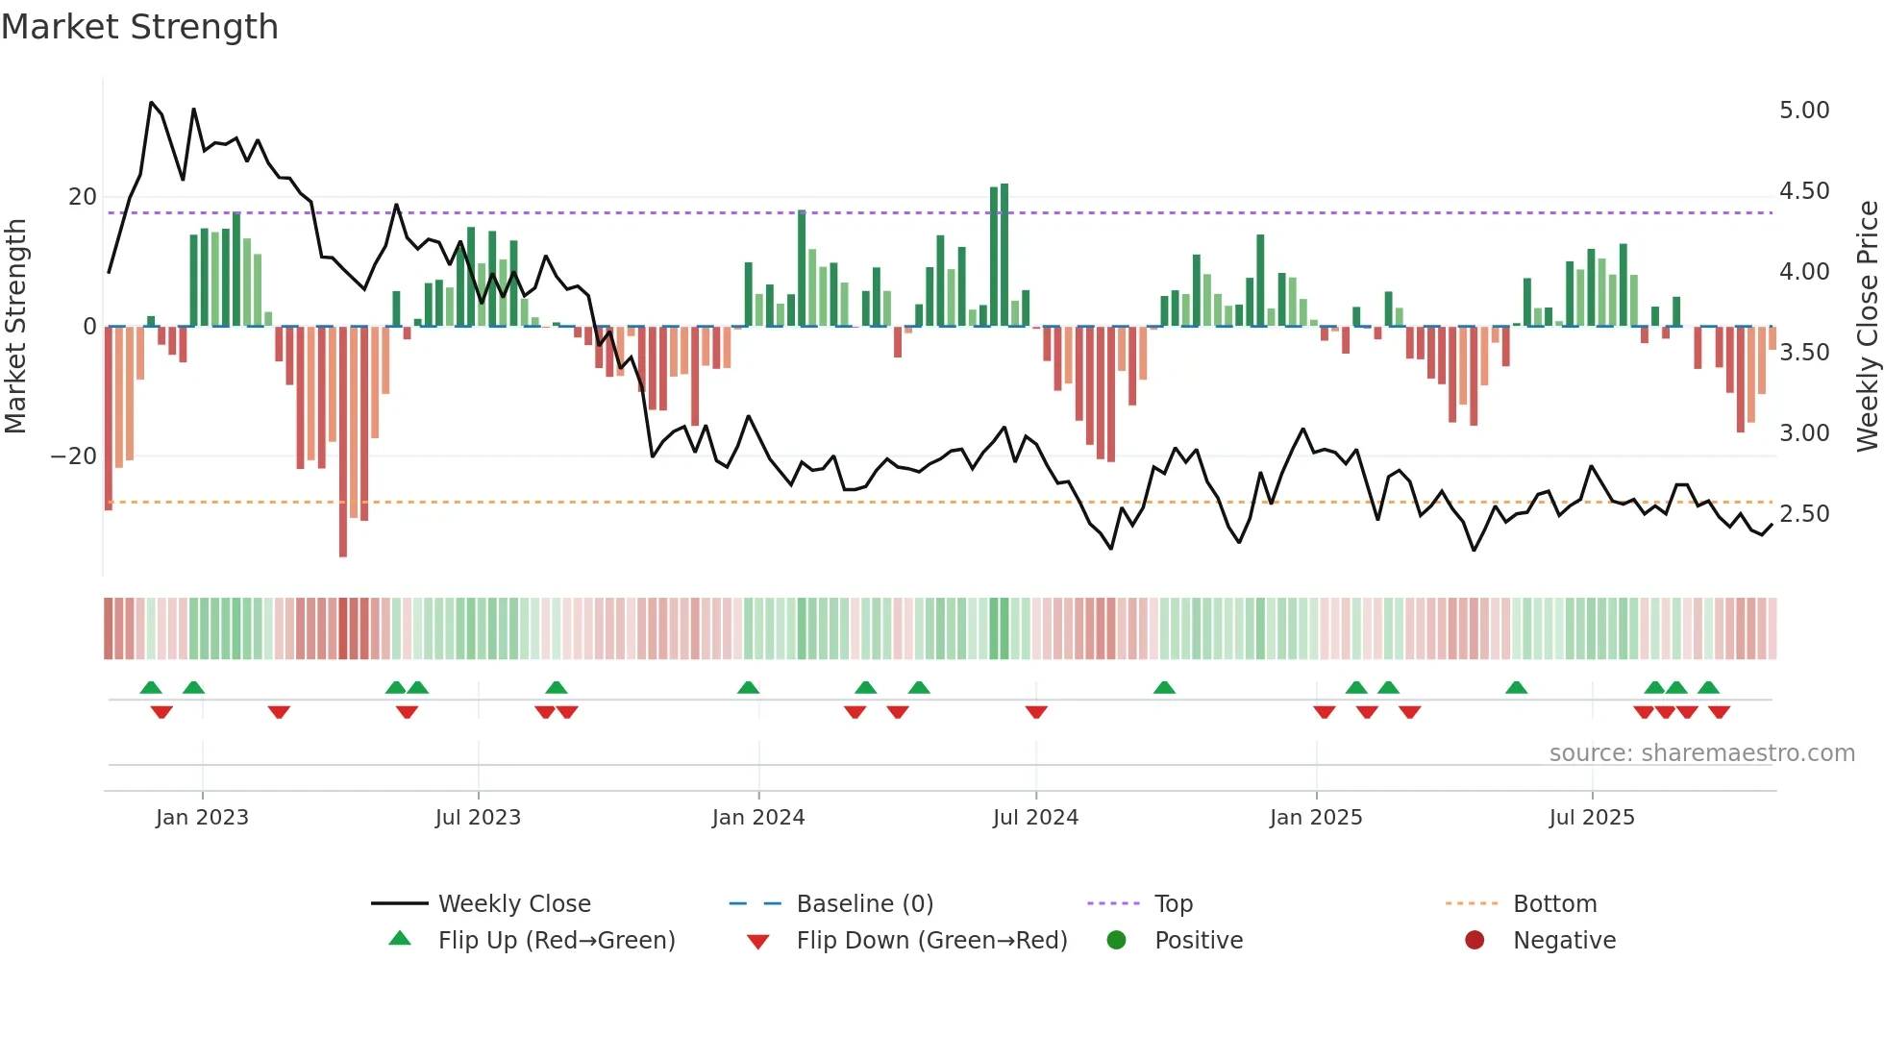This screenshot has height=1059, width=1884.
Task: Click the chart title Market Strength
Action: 139,27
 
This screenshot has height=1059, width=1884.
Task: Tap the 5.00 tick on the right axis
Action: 1803,111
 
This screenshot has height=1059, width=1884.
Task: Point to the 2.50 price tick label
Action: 1803,514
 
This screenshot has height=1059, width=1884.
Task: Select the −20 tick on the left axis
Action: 74,456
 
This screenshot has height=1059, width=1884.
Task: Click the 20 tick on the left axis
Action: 83,197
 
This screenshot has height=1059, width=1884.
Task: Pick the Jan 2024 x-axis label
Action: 757,818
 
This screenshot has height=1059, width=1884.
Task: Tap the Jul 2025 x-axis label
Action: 1591,818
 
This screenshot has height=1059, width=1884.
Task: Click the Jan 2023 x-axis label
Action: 202,818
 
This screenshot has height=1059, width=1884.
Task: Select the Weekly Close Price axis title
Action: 1867,326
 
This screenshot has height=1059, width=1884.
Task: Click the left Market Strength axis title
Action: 16,326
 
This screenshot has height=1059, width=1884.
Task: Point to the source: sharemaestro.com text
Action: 1701,753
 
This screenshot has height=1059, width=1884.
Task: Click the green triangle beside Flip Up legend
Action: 400,939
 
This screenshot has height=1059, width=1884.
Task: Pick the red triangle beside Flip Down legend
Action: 757,942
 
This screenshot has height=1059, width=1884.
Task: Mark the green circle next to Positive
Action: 1116,940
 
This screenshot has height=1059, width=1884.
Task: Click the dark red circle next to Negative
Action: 1474,940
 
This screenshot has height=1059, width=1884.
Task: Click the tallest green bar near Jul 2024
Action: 1004,255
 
